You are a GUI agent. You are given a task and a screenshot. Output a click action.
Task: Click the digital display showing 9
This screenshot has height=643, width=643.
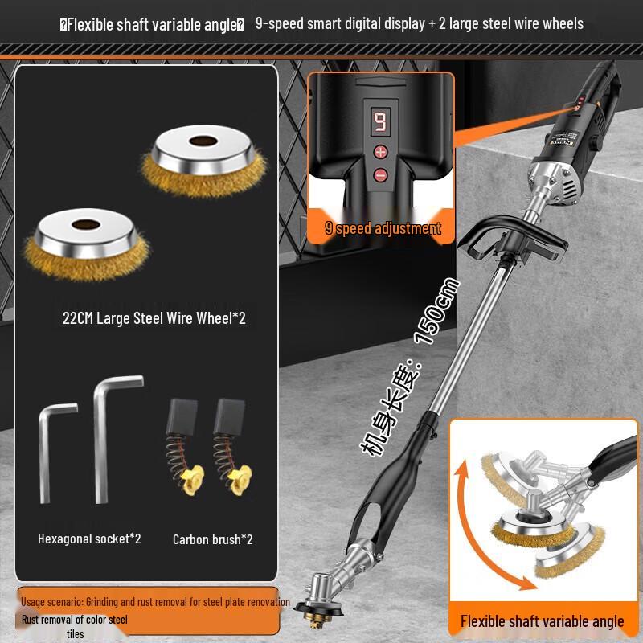(379, 122)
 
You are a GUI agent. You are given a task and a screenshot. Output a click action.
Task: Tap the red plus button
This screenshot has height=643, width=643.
(380, 151)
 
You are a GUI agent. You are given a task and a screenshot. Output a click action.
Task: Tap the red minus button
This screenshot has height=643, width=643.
(380, 174)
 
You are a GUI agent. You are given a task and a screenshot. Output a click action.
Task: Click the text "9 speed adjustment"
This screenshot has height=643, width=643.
(383, 228)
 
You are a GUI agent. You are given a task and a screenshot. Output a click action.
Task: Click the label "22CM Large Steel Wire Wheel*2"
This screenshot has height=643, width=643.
(154, 318)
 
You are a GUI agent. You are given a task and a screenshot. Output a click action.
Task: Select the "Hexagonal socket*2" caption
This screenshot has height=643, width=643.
(89, 539)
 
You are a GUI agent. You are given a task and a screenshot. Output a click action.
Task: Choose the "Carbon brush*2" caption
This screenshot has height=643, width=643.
(212, 539)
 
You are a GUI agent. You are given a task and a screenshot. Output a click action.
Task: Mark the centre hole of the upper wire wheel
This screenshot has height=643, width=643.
(197, 142)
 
